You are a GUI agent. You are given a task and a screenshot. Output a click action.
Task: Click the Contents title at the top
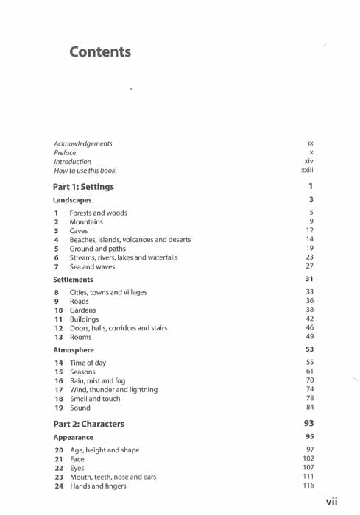pos(100,52)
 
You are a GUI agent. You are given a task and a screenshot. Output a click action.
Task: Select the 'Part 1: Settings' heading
pos(84,187)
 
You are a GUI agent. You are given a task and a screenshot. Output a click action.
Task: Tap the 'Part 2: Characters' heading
pos(89,424)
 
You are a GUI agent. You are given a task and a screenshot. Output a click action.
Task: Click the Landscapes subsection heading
pos(72,200)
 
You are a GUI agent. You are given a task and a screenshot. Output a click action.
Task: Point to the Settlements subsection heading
pos(73,280)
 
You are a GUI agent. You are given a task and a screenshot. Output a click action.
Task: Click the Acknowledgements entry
pos(83,144)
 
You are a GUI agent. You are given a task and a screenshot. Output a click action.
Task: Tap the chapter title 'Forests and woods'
pos(98,213)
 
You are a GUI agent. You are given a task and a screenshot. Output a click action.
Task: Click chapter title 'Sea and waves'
pos(93,266)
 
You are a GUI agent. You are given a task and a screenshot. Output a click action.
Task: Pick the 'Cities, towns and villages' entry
pos(107,292)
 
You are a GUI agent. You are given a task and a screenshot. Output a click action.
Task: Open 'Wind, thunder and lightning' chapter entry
pos(113,389)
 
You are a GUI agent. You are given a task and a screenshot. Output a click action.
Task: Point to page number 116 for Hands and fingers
pos(308,486)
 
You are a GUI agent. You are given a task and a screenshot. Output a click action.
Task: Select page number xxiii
pos(307,171)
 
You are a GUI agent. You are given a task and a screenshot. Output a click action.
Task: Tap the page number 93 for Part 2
pos(309,424)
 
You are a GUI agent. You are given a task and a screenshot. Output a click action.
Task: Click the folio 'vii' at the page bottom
pos(332,502)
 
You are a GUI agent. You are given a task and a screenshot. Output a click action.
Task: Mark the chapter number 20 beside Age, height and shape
pos(59,450)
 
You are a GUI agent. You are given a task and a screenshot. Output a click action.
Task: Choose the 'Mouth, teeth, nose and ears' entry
pos(113,477)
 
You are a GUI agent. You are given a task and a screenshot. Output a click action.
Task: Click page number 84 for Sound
pos(310,407)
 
